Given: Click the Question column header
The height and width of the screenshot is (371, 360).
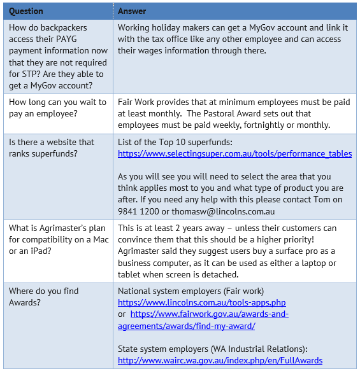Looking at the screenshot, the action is click(x=26, y=11).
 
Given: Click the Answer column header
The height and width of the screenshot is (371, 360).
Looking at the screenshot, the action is click(x=132, y=11).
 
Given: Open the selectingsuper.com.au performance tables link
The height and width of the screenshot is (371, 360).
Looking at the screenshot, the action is click(x=234, y=153).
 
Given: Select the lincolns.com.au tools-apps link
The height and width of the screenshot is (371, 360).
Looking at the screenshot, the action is click(x=201, y=302).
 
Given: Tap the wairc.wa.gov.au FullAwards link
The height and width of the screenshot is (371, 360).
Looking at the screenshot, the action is click(x=220, y=360).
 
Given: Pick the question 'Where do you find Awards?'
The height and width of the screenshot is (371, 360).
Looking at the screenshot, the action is click(x=43, y=297).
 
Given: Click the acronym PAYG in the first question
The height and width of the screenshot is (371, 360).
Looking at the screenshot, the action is click(x=90, y=39).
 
